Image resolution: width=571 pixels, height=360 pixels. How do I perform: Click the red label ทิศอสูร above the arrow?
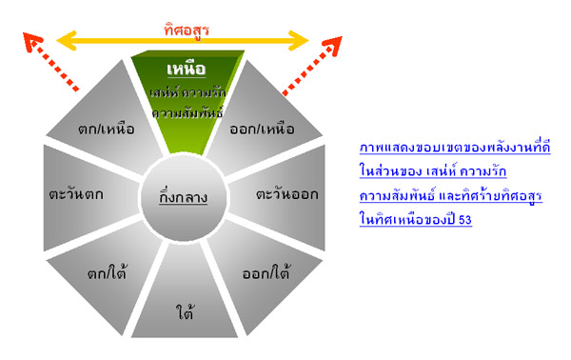[187, 30]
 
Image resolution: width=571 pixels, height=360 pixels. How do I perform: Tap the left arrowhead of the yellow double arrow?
[66, 40]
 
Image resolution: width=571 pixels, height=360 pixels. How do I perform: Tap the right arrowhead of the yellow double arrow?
[299, 40]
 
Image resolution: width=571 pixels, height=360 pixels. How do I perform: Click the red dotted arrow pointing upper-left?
[50, 61]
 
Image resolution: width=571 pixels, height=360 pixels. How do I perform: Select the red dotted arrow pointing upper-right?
[312, 65]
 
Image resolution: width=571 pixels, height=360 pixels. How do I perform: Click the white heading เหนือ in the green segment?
[187, 70]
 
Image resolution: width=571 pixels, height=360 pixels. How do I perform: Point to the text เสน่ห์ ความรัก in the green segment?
[187, 92]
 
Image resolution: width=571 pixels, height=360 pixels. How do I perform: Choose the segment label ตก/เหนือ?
[107, 129]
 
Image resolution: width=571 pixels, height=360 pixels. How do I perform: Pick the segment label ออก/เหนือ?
[262, 129]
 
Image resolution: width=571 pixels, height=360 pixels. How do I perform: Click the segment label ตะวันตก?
[76, 194]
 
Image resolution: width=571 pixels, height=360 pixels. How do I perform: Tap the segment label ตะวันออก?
[287, 194]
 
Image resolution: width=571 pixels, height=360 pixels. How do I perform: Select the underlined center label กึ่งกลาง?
[183, 197]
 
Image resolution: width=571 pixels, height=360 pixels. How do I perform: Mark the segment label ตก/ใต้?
[107, 273]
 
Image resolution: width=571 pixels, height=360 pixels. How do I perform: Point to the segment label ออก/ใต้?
[266, 273]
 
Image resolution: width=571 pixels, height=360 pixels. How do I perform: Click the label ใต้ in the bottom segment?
[185, 311]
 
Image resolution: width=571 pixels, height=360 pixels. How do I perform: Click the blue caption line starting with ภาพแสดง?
[455, 148]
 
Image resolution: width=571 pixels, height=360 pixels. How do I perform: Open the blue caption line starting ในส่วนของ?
[433, 170]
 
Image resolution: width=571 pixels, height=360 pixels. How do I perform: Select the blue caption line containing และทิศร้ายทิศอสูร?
[451, 195]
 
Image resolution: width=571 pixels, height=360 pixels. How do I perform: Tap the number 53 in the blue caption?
[465, 220]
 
